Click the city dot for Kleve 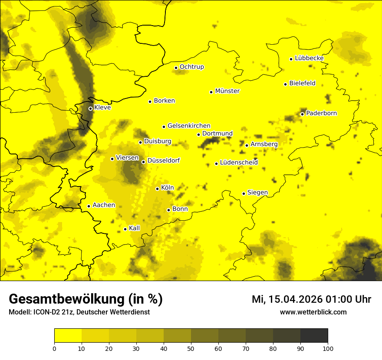point(90,108)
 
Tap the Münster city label point(227,91)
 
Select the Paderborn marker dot point(302,114)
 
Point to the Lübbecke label point(309,58)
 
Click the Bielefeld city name point(302,83)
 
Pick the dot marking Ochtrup point(176,68)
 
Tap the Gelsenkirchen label point(189,126)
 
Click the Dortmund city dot point(198,134)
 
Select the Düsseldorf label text point(164,160)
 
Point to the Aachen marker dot point(89,206)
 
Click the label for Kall point(135,228)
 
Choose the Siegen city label point(257,193)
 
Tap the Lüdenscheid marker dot point(216,164)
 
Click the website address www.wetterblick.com point(313,312)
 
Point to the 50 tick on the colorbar point(191,348)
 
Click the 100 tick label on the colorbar point(328,348)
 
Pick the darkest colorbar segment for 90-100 point(314,336)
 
